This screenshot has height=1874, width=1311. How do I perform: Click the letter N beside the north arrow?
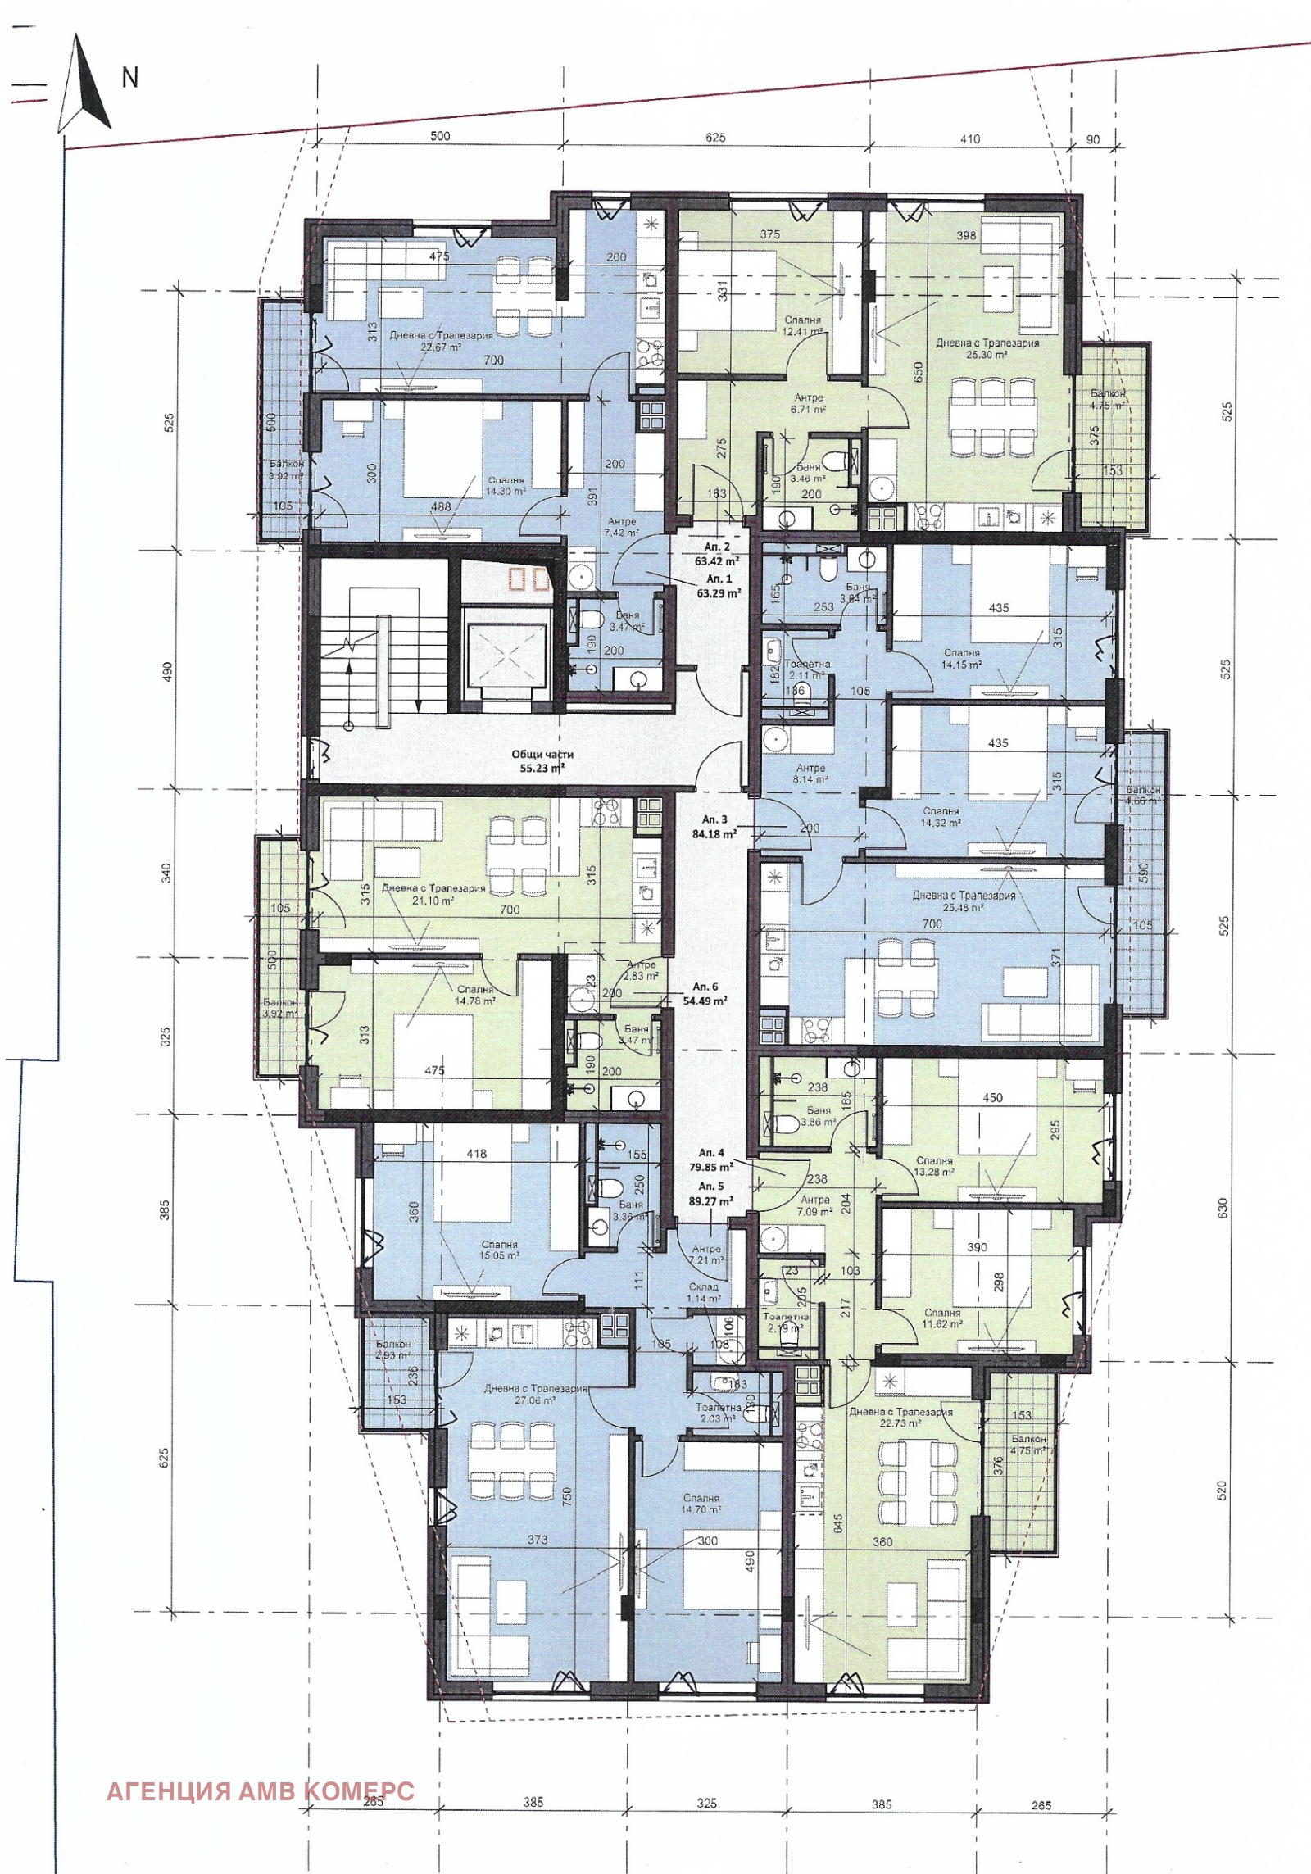point(129,77)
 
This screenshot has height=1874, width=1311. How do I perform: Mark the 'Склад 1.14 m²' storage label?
point(704,1292)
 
